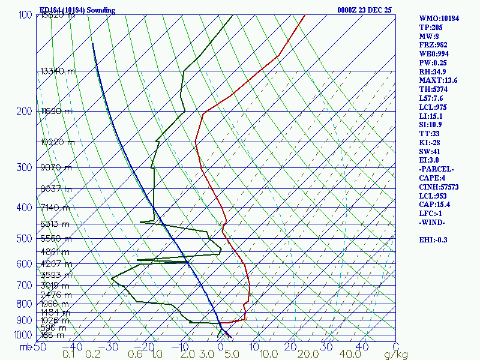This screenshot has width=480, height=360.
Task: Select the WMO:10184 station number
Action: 439,19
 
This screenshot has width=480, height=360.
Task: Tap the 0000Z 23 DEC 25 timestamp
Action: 365,10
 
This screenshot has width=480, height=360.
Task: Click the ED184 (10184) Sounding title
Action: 77,10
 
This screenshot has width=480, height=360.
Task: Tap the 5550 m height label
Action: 55,238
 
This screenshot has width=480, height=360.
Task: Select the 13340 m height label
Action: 58,71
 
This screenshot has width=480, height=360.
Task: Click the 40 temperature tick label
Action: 362,346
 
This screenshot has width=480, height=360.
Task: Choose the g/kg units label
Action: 395,355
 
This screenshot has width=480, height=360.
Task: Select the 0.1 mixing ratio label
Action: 69,355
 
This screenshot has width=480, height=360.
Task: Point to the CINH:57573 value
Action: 438,187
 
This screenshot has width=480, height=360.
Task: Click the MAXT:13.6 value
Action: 438,80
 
